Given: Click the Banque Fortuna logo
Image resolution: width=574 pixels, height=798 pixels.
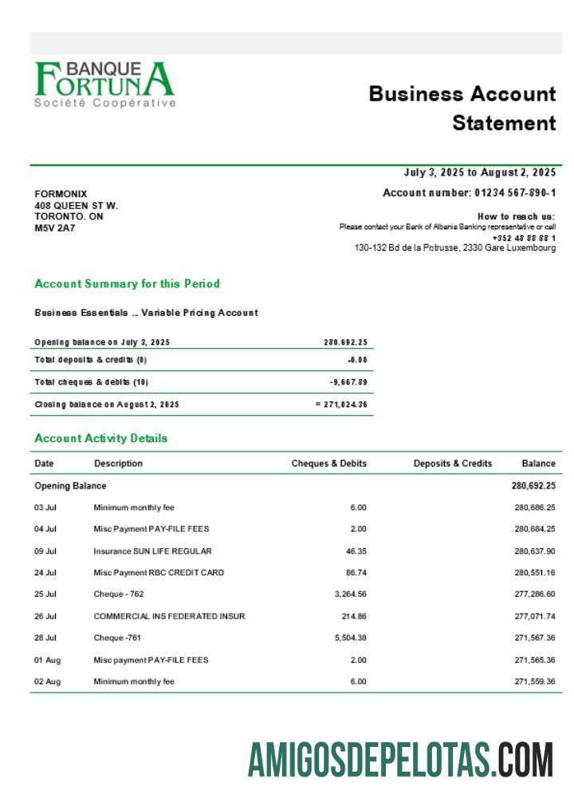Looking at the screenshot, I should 104,84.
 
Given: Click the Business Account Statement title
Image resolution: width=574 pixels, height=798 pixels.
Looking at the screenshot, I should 462,108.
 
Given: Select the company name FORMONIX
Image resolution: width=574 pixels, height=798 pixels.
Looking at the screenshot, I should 61,194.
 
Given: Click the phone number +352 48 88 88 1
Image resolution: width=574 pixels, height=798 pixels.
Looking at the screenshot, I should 524,238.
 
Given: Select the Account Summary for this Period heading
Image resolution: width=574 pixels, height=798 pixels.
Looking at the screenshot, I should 127,284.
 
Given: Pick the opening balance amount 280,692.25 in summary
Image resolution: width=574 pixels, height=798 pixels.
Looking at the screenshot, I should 345,342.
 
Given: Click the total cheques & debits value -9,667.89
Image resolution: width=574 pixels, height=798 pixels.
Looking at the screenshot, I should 348,382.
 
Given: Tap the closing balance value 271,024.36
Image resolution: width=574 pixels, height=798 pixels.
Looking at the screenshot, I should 344,405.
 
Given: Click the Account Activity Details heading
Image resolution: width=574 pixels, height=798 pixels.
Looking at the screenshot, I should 101,438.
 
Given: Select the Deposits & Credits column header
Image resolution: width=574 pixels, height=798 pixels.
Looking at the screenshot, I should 452,464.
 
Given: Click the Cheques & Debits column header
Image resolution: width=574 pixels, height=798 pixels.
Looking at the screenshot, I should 328,464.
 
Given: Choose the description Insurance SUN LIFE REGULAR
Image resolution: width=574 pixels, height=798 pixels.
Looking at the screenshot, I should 152,551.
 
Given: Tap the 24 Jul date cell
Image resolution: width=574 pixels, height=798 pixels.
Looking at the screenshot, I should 45,573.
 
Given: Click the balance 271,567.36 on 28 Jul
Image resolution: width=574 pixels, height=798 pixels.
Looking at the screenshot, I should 534,638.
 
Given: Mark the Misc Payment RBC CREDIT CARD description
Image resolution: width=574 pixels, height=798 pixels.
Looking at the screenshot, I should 159,573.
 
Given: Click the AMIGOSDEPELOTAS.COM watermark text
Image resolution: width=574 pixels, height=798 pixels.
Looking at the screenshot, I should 400,759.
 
